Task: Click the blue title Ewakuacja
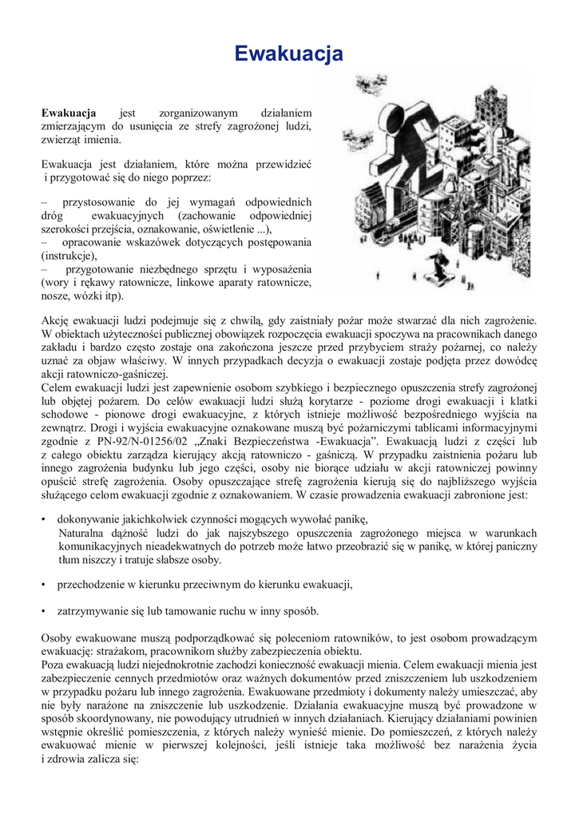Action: coord(289,54)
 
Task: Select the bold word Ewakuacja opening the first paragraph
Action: coord(69,113)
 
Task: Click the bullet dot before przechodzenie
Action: coord(44,585)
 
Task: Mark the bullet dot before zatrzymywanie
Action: coord(44,612)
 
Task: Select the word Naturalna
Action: coord(84,533)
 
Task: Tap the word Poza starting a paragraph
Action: coord(55,665)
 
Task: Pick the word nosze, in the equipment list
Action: coord(56,296)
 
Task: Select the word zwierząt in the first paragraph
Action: coord(64,140)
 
